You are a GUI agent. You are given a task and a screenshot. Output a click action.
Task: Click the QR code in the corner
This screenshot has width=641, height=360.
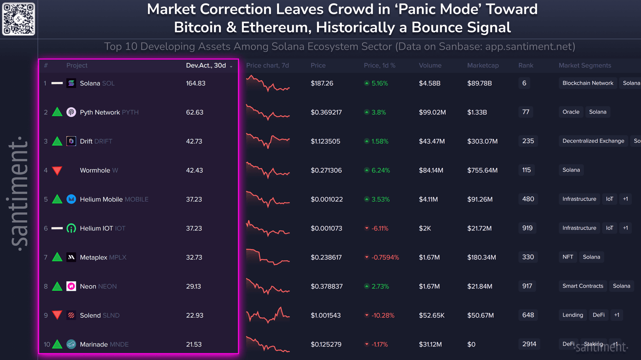19,19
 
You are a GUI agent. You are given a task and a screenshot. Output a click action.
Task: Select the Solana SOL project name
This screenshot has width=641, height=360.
97,83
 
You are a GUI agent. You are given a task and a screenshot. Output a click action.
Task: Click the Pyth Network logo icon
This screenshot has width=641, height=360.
71,112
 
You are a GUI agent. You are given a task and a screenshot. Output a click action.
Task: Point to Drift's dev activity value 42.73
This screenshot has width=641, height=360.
194,141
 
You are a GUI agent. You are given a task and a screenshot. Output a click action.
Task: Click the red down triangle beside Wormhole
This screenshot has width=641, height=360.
57,171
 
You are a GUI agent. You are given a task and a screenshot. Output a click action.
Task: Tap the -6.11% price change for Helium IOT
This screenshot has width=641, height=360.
379,229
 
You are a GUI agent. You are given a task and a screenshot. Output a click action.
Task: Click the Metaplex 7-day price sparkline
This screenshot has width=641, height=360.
268,257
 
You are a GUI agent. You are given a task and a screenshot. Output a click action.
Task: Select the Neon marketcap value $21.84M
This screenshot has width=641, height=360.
480,287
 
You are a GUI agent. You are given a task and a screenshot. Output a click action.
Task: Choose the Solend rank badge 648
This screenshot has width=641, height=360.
528,315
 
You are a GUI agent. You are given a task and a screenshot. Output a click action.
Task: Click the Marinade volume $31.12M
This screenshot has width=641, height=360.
430,345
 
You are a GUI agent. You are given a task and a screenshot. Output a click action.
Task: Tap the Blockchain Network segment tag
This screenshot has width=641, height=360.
588,83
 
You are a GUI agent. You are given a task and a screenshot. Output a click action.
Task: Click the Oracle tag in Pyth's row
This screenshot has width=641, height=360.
571,112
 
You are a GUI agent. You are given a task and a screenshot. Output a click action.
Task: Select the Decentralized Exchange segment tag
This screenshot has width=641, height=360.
593,141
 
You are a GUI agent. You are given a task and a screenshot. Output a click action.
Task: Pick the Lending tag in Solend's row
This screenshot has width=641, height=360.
573,315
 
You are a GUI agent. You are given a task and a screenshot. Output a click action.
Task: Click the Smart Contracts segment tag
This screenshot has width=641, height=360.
583,286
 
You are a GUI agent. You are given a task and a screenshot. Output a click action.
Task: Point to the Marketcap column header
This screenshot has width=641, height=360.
483,65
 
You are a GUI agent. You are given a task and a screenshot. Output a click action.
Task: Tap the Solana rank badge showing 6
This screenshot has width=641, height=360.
524,83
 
